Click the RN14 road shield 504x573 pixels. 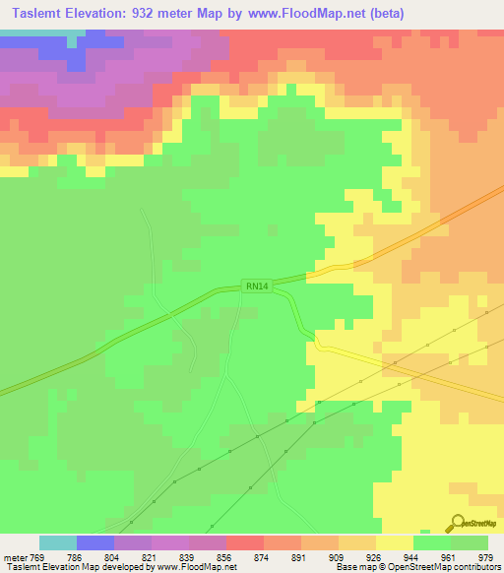pyautogui.click(x=256, y=286)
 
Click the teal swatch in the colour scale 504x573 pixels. pyautogui.click(x=58, y=542)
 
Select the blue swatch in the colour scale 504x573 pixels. pyautogui.click(x=95, y=542)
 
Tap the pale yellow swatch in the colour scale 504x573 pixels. pyautogui.click(x=394, y=542)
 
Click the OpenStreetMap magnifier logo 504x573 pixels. pyautogui.click(x=455, y=523)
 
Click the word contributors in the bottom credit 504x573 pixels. pyautogui.click(x=475, y=567)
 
